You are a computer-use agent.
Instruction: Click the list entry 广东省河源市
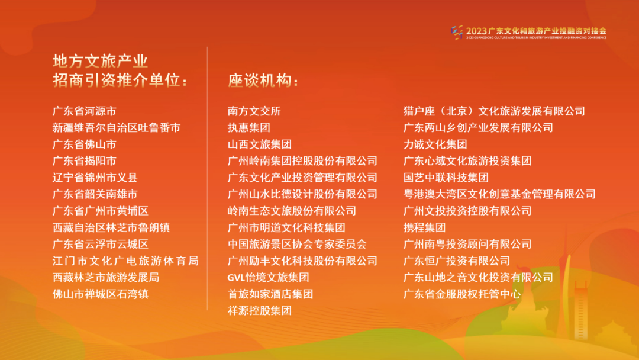85,111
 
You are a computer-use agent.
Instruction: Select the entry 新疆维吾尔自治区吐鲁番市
117,127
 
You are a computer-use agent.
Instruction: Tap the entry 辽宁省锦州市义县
95,177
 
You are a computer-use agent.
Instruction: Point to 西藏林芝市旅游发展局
106,277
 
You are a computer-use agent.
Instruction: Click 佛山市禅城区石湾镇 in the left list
101,294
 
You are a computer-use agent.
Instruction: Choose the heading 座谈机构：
264,81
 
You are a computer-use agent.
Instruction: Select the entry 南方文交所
254,111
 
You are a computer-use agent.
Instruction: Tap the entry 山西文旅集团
260,144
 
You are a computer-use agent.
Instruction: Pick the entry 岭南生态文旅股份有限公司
292,211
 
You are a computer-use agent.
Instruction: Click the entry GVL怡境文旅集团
269,277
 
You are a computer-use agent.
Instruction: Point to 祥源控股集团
260,310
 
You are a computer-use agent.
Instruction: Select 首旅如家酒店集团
270,294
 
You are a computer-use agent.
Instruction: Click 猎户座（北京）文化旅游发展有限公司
494,111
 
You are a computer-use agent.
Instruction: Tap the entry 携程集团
424,227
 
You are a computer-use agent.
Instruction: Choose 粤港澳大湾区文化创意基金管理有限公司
499,194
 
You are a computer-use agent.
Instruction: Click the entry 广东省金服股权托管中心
462,294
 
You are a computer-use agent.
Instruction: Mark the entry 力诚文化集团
435,144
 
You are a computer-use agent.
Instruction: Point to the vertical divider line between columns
208,178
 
